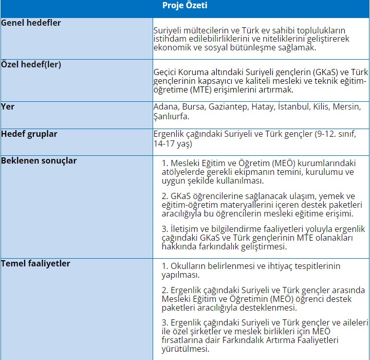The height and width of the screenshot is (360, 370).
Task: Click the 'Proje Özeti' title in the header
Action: pos(185,6)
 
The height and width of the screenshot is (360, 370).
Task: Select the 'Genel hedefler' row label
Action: pos(31,23)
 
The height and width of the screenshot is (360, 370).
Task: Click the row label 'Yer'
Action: pos(8,107)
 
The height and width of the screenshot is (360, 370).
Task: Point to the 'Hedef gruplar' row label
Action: pos(29,134)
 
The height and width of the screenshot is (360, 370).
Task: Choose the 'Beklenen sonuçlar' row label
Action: pos(39,160)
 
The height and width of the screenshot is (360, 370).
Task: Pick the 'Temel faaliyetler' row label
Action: pos(35,263)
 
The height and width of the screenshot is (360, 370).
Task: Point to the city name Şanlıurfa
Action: pos(172,116)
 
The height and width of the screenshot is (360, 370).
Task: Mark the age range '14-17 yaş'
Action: pos(173,144)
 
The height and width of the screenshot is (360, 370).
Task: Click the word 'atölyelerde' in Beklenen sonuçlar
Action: pos(182,172)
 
